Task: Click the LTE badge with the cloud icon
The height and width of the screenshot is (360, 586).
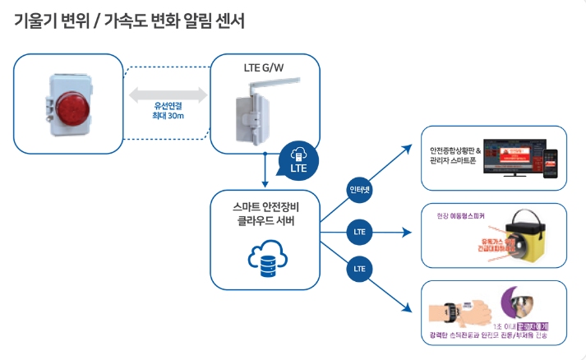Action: (298, 159)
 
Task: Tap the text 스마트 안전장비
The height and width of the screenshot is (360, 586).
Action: (264, 205)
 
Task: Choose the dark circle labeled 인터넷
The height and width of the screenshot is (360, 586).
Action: (360, 189)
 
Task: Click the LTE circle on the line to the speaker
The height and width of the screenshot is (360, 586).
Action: (360, 232)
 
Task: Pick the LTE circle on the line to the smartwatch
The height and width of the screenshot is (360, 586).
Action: (360, 268)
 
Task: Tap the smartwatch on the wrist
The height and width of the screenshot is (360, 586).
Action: (450, 312)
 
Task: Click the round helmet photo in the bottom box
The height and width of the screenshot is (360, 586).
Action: (516, 303)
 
